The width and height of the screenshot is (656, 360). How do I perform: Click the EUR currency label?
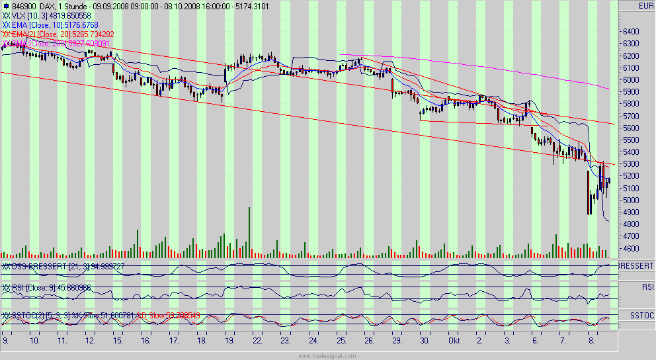pyautogui.click(x=645, y=6)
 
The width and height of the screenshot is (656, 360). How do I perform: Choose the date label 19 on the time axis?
pyautogui.click(x=229, y=341)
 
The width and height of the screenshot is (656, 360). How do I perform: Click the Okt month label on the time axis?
pyautogui.click(x=454, y=341)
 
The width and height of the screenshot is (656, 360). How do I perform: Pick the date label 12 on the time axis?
pyautogui.click(x=89, y=341)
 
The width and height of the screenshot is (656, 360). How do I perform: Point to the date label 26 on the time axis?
pyautogui.click(x=369, y=341)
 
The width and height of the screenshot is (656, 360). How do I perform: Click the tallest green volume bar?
pyautogui.click(x=249, y=232)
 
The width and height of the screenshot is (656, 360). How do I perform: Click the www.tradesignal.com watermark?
pyautogui.click(x=327, y=355)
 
